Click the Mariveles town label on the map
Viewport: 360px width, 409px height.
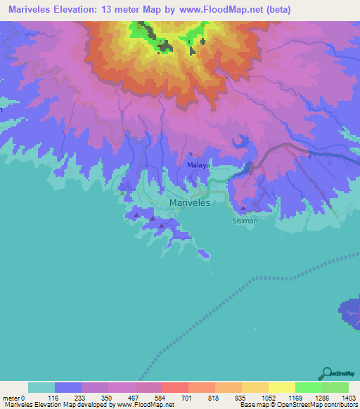[x=190, y=202]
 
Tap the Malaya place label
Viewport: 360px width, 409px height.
[x=198, y=166]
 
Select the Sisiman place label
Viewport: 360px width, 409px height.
[x=245, y=220]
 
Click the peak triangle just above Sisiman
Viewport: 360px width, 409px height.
[x=243, y=208]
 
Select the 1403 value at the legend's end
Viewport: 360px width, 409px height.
[x=349, y=398]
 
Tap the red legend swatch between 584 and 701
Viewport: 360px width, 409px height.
[x=174, y=387]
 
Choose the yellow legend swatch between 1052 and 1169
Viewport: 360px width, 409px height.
[x=281, y=387]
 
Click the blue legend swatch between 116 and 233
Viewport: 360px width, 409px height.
[x=67, y=387]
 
